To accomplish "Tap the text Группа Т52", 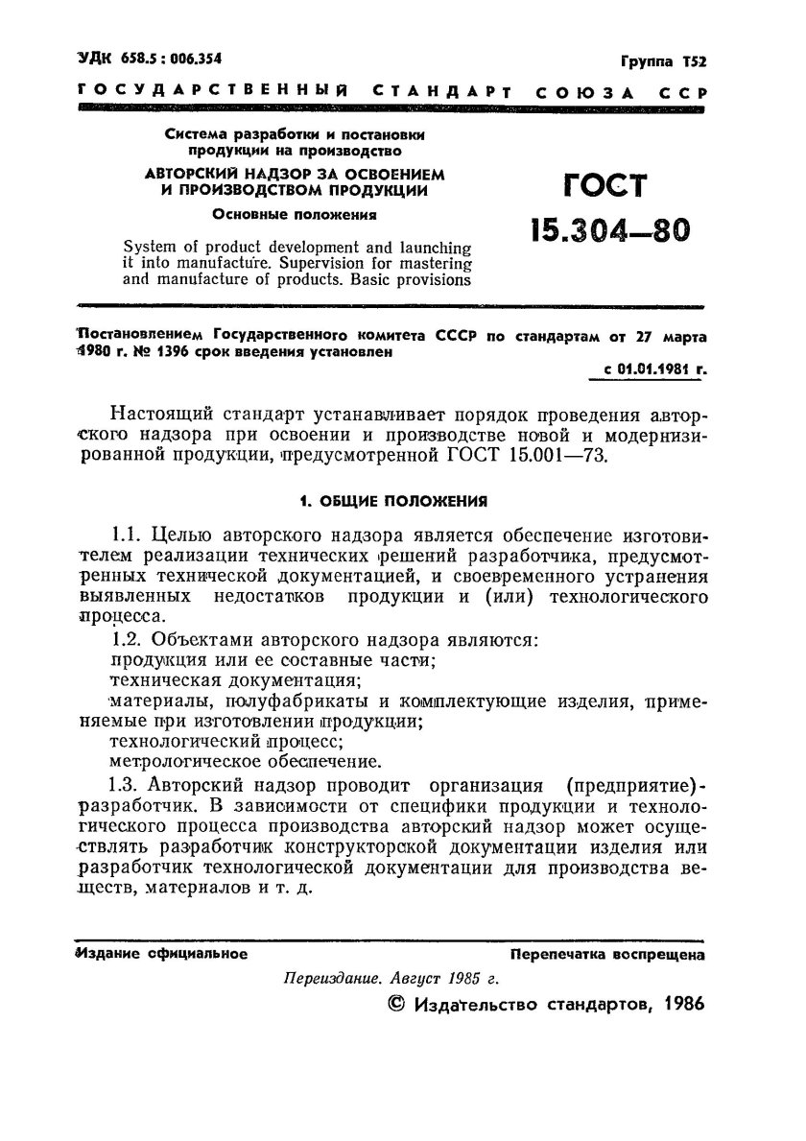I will tap(662, 61).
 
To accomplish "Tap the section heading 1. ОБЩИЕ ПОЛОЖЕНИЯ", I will tap(391, 500).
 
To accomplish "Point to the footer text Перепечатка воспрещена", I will tap(607, 955).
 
